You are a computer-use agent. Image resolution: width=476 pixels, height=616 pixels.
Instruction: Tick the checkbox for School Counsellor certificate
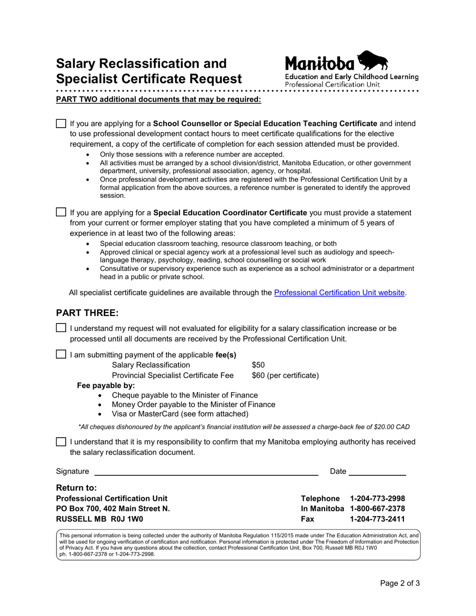pyautogui.click(x=61, y=123)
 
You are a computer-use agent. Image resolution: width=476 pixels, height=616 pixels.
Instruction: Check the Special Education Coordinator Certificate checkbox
pyautogui.click(x=61, y=212)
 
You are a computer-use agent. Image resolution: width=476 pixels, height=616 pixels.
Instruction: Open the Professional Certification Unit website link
pyautogui.click(x=340, y=293)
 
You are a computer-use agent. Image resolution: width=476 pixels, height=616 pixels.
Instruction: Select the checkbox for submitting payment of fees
pyautogui.click(x=61, y=355)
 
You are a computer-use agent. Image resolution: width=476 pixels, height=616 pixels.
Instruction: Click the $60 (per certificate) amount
pyautogui.click(x=285, y=375)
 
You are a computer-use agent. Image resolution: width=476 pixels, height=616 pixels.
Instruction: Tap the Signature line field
pyautogui.click(x=206, y=471)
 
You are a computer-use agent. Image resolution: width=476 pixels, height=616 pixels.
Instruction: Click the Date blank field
pyautogui.click(x=377, y=471)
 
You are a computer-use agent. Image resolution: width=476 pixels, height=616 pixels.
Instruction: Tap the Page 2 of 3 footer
pyautogui.click(x=399, y=597)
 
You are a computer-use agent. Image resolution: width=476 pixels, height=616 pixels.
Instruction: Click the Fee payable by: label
pyautogui.click(x=106, y=386)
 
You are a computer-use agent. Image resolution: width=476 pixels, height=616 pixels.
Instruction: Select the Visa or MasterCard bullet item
pyautogui.click(x=180, y=414)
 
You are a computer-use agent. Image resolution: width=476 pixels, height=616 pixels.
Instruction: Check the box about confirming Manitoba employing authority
pyautogui.click(x=61, y=442)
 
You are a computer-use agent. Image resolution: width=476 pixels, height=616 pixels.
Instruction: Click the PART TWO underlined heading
pyautogui.click(x=158, y=99)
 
